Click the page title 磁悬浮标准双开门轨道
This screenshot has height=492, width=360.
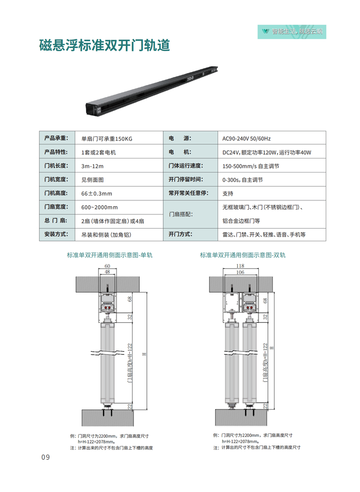click(104, 46)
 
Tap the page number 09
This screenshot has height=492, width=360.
click(45, 457)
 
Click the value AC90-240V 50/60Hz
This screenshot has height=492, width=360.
click(246, 139)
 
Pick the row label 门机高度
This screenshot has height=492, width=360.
click(57, 193)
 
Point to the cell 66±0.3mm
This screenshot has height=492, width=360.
click(97, 194)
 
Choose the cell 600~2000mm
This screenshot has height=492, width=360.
click(100, 207)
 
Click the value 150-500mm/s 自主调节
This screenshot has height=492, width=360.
click(251, 166)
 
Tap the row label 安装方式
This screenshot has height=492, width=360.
click(57, 234)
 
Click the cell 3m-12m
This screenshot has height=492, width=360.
click(93, 166)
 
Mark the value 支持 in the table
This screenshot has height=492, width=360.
click(228, 194)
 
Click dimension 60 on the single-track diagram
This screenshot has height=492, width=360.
click(107, 266)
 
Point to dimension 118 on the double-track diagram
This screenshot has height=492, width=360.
click(241, 266)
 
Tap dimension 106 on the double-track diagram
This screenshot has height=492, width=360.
click(241, 272)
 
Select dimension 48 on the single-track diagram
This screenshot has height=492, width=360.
click(107, 272)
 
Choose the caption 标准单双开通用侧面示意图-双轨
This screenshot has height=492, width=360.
click(242, 255)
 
